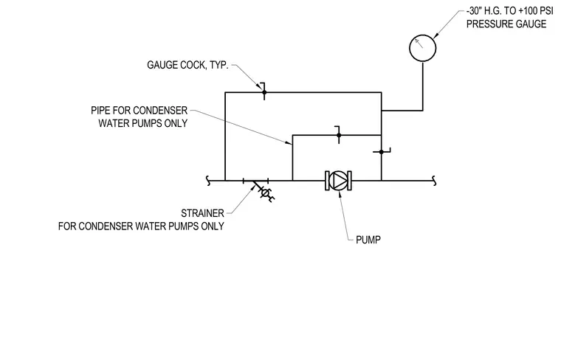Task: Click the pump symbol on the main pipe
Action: [338, 181]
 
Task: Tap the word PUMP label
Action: [368, 240]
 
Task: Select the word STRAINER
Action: [202, 213]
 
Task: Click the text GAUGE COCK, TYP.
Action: [187, 65]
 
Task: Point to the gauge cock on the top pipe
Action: [264, 91]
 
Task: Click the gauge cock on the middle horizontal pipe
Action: [339, 135]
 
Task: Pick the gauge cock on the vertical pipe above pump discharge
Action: [382, 151]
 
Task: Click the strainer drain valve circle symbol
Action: [265, 193]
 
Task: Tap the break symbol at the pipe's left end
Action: [208, 181]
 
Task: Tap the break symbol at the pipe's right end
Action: [434, 181]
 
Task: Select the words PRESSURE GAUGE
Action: [506, 24]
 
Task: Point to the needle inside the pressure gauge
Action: [419, 44]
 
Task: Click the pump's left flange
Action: [327, 181]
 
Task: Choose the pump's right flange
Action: [350, 181]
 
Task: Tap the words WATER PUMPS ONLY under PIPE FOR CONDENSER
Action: [143, 123]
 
